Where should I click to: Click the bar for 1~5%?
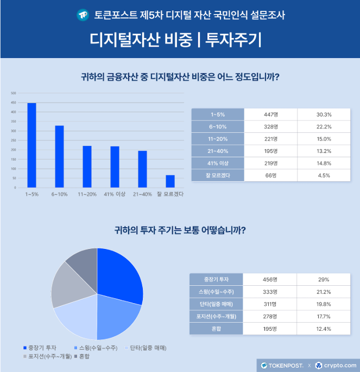[31, 145]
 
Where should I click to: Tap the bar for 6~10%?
[59, 156]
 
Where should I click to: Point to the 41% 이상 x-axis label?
[115, 194]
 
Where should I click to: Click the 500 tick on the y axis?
[14, 94]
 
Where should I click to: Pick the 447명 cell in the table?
[270, 114]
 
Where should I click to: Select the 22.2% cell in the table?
[324, 126]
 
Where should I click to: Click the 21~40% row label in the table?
[218, 151]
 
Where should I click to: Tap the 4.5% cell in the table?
[324, 175]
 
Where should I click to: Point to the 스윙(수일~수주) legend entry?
[96, 347]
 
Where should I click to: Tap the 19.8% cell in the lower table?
[324, 304]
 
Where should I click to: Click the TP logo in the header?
[83, 15]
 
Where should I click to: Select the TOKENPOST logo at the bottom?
[281, 365]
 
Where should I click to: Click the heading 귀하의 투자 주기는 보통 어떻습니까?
[180, 230]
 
